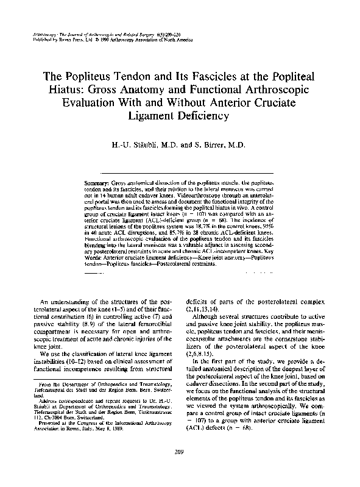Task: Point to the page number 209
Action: tap(180, 450)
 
